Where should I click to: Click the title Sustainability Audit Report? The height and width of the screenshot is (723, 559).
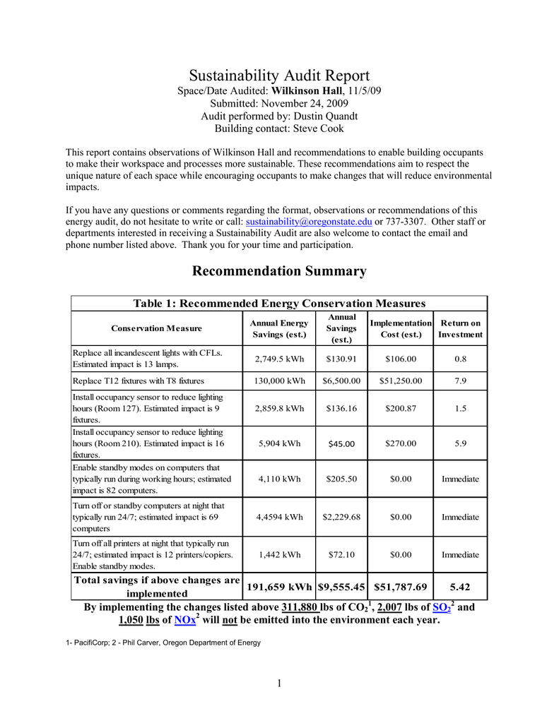[x=279, y=76]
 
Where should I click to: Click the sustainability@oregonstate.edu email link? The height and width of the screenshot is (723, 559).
[x=308, y=222]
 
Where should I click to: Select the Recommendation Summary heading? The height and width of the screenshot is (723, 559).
[x=279, y=271]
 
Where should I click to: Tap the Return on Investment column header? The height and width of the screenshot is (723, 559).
[x=460, y=328]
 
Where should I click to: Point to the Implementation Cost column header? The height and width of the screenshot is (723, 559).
[x=401, y=328]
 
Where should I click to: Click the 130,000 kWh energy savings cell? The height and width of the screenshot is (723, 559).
[x=280, y=381]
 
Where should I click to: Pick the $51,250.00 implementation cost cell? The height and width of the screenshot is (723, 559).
[x=401, y=381]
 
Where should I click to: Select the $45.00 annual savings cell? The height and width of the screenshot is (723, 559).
[x=341, y=443]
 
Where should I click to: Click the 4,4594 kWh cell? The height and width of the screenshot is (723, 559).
[x=280, y=517]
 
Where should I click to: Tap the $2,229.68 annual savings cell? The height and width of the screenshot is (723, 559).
[x=341, y=517]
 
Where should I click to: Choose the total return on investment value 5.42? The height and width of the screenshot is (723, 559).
[x=460, y=587]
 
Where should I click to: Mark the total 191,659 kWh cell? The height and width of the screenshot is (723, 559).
[x=280, y=587]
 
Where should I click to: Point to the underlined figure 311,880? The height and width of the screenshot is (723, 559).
[x=300, y=607]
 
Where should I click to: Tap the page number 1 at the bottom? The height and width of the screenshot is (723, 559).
[x=279, y=682]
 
